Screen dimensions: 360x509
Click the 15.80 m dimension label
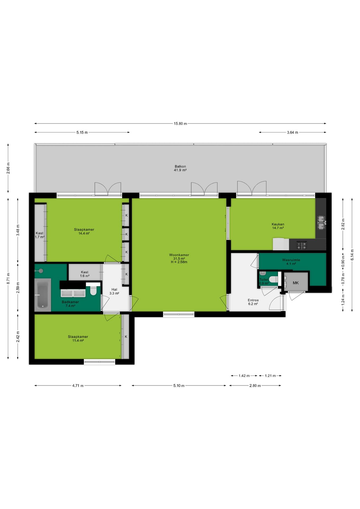coord(180,124)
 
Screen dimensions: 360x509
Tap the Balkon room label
coord(180,168)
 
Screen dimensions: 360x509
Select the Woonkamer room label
coord(179,258)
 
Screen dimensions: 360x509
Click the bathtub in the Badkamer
coord(42,295)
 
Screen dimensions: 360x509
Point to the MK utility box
coord(296,283)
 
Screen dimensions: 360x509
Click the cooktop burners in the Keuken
coord(302,245)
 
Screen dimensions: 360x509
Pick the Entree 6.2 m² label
coord(253,302)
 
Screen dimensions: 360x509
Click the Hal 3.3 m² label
coord(114,292)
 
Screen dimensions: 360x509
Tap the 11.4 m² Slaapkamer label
coord(78,339)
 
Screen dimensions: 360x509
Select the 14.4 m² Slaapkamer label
coord(84,231)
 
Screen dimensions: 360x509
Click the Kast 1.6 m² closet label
coord(85,274)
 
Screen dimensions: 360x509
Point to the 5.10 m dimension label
coord(179,386)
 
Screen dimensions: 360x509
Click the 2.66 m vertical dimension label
coord(8,168)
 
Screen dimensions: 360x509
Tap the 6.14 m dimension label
coord(352,255)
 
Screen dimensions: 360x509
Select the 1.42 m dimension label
coord(244,376)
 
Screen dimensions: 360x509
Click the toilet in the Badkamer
coord(93,289)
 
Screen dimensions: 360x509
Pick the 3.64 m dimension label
coord(292,133)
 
